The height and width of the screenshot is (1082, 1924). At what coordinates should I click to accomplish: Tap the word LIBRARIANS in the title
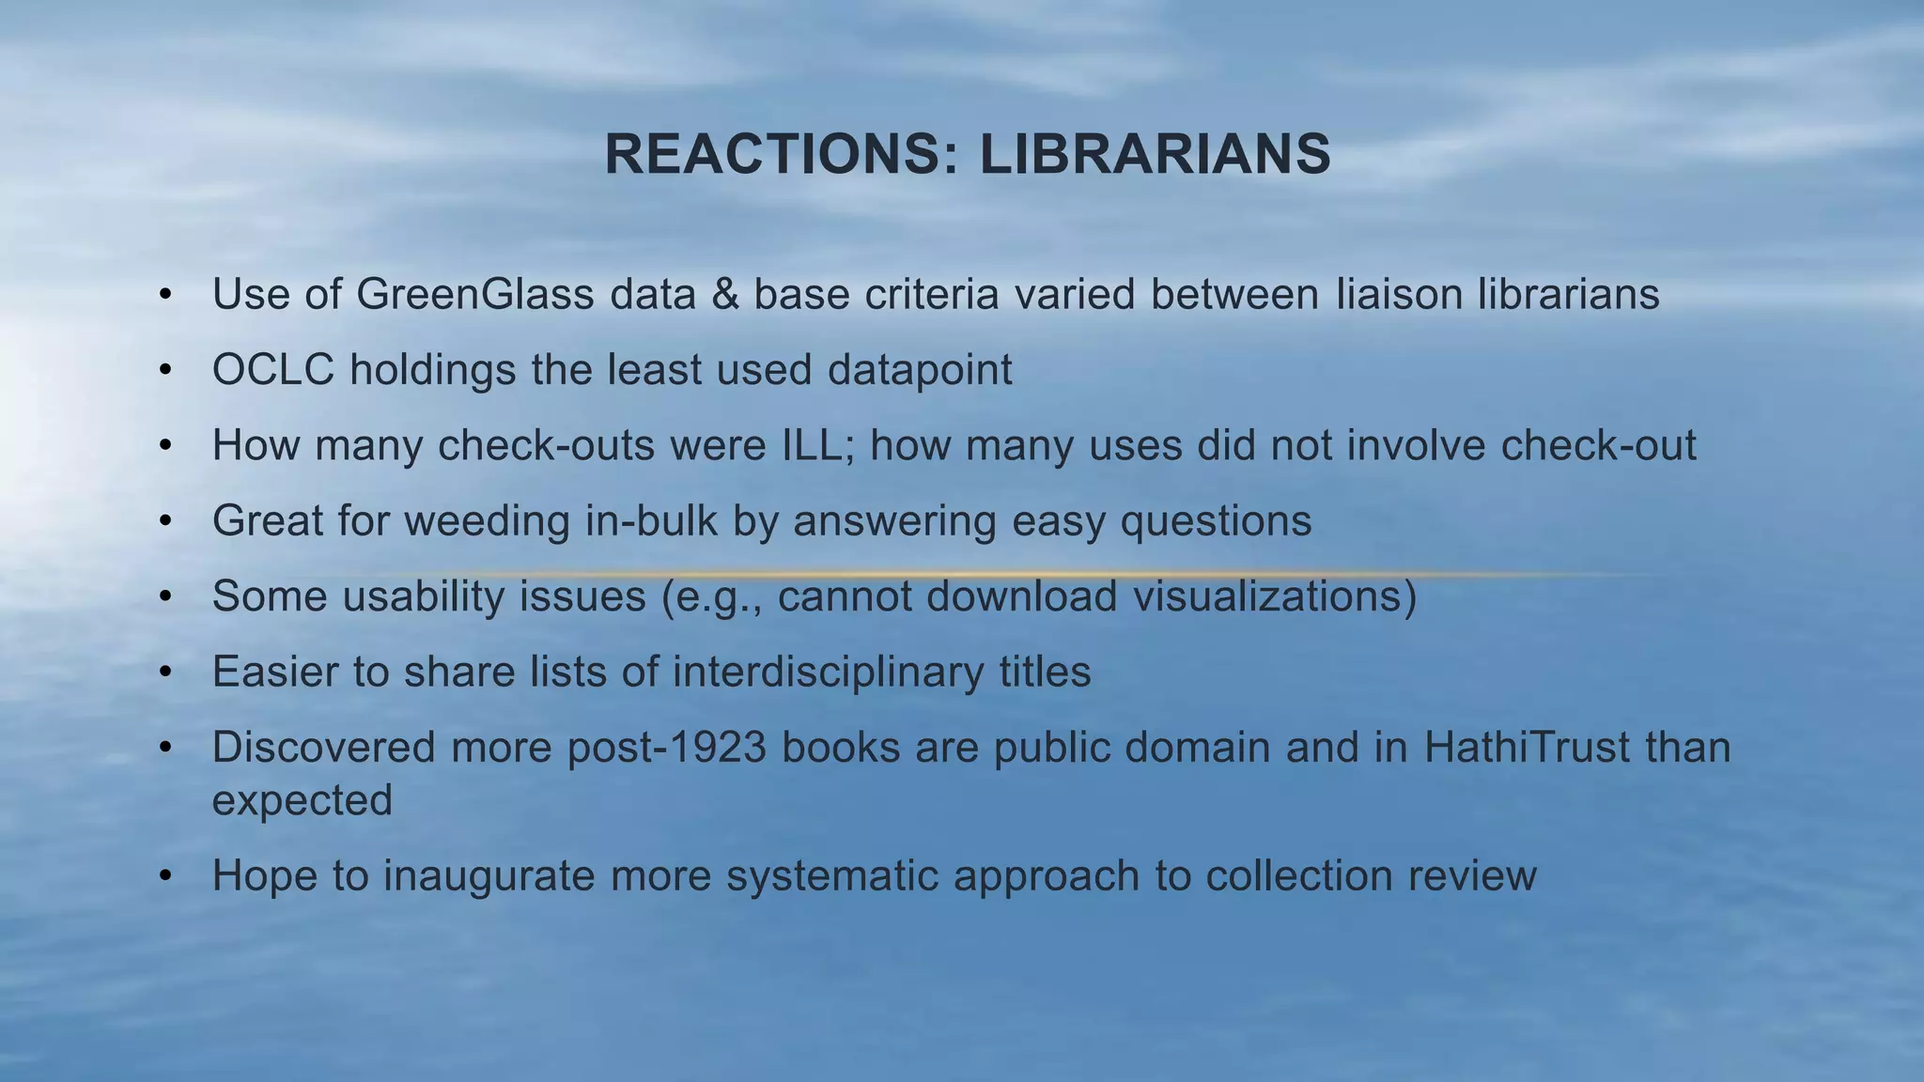1155,154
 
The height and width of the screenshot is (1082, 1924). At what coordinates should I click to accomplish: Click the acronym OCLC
273,369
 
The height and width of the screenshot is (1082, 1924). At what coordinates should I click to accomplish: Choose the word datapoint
920,369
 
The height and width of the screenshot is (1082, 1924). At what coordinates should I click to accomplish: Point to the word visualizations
1267,595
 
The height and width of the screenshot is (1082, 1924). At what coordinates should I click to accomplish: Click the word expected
302,800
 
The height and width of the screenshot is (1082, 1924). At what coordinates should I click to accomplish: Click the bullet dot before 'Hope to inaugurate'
165,875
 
